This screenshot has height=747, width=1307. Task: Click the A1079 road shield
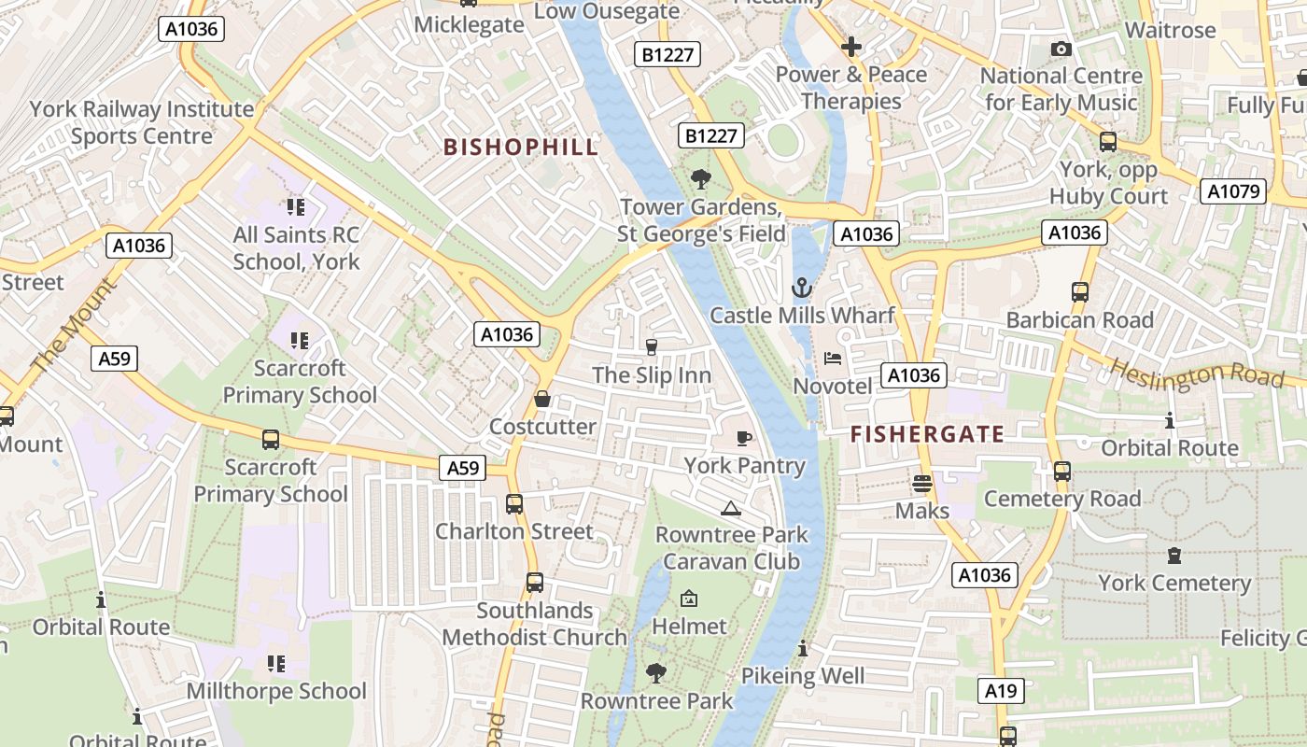coord(1233,191)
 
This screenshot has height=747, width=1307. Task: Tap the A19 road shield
coord(1001,691)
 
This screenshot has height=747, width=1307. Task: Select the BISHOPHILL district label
coord(521,147)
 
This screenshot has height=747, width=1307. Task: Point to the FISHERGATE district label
coord(927,433)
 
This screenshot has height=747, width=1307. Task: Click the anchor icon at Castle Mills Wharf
coord(802,287)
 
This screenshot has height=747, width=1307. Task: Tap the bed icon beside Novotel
coord(833,358)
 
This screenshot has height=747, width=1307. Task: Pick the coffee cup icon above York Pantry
coord(744,437)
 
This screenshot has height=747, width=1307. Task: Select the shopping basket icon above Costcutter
coord(542,399)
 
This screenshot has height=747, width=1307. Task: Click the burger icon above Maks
coord(921,483)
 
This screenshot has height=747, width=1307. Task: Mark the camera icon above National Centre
coord(1061,49)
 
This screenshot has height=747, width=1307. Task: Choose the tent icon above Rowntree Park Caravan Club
coord(731,508)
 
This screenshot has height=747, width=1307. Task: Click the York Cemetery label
coord(1173,584)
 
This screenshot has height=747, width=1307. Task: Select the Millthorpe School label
coord(276,691)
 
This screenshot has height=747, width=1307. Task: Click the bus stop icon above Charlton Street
coord(514,504)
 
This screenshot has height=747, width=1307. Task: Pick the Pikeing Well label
coord(803,675)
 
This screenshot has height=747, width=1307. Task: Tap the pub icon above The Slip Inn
coord(652,347)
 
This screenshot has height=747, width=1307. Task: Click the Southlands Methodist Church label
coord(534,624)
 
